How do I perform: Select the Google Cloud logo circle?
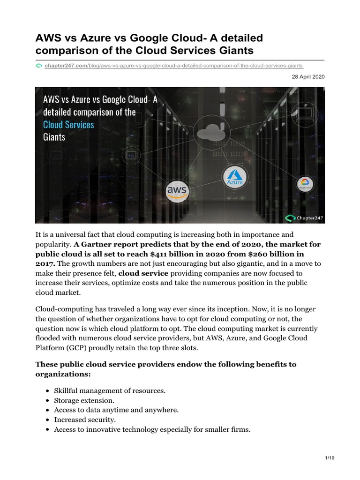point(304,185)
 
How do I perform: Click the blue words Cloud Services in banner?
point(68,125)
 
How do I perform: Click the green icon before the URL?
point(39,66)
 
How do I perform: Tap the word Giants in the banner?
point(54,137)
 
